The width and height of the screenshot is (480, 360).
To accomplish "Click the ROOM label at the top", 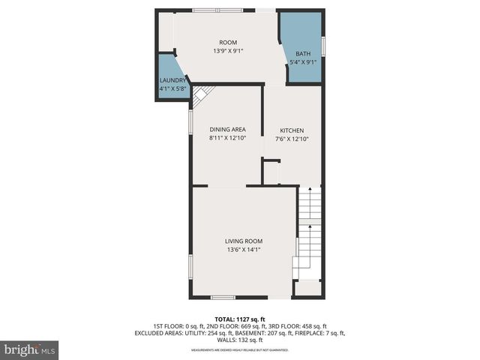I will (x=228, y=42).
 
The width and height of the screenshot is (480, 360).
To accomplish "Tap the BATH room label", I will (x=302, y=54).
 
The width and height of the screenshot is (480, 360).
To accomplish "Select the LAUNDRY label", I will (x=172, y=80).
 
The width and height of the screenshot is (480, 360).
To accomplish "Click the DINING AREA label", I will (x=227, y=129).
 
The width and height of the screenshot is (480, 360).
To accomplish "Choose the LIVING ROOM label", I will (x=244, y=241).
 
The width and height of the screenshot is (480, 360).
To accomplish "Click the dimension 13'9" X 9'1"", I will (x=228, y=51).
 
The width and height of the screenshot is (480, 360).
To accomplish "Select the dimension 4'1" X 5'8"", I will (x=172, y=88).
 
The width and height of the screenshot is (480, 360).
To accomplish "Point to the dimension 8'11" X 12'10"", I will (x=227, y=138).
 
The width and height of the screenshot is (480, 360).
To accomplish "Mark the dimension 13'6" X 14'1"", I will (x=244, y=250).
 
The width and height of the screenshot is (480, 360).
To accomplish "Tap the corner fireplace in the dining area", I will (x=201, y=94).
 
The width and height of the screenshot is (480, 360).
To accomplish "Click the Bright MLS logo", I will (x=30, y=349).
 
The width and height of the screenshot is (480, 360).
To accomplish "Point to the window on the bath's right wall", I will (x=323, y=44).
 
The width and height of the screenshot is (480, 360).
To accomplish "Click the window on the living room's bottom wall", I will (x=223, y=298).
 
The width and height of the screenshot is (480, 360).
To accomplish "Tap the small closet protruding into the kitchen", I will (x=271, y=172).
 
